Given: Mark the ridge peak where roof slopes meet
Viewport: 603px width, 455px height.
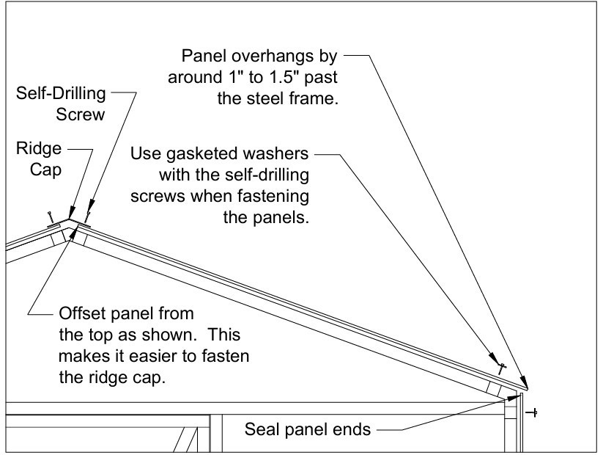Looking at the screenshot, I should pos(70,218).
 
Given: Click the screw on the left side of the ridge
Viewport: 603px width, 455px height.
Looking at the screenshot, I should pos(50,216).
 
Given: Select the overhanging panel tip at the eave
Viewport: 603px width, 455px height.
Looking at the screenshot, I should pos(527,390).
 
